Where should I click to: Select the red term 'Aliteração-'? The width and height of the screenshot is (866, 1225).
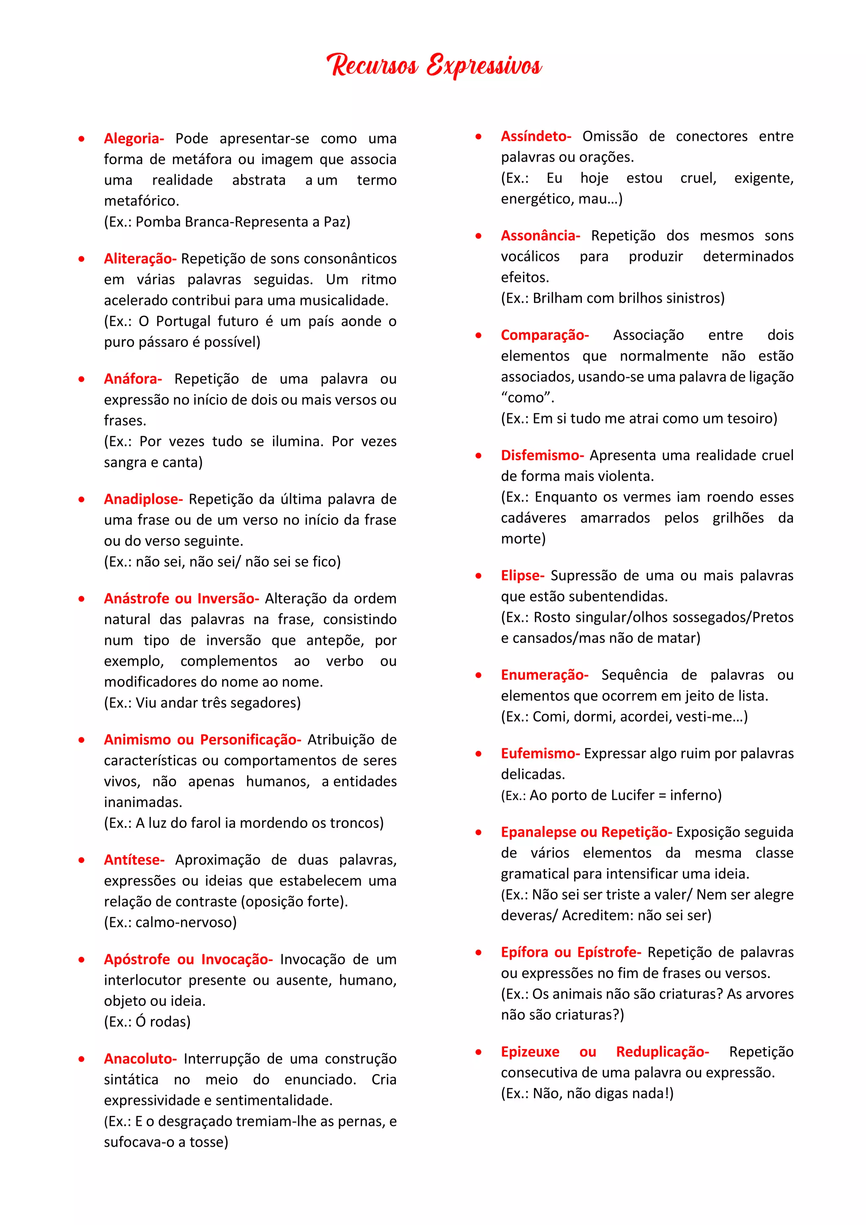tap(140, 259)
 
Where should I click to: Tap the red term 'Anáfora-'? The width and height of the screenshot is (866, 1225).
tap(133, 379)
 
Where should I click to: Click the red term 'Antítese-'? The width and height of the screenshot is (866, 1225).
tap(134, 860)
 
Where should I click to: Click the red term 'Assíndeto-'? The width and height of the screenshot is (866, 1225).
tap(535, 137)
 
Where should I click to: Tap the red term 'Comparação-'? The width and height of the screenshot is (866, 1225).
tap(545, 335)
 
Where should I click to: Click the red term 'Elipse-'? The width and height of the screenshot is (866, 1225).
tap(522, 576)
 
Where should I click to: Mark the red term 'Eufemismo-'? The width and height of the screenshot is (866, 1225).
tap(540, 753)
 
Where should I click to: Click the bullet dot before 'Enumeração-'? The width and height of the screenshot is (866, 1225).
tap(478, 676)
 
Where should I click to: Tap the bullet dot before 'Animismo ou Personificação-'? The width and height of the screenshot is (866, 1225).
tap(82, 740)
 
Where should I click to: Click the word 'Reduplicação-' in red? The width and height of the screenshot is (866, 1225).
tap(662, 1052)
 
